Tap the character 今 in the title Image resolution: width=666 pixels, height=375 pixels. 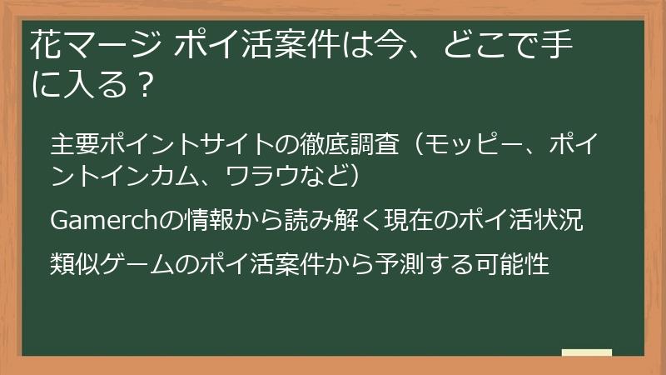coord(406,43)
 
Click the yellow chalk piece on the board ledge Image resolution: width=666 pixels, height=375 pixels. coord(586,352)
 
